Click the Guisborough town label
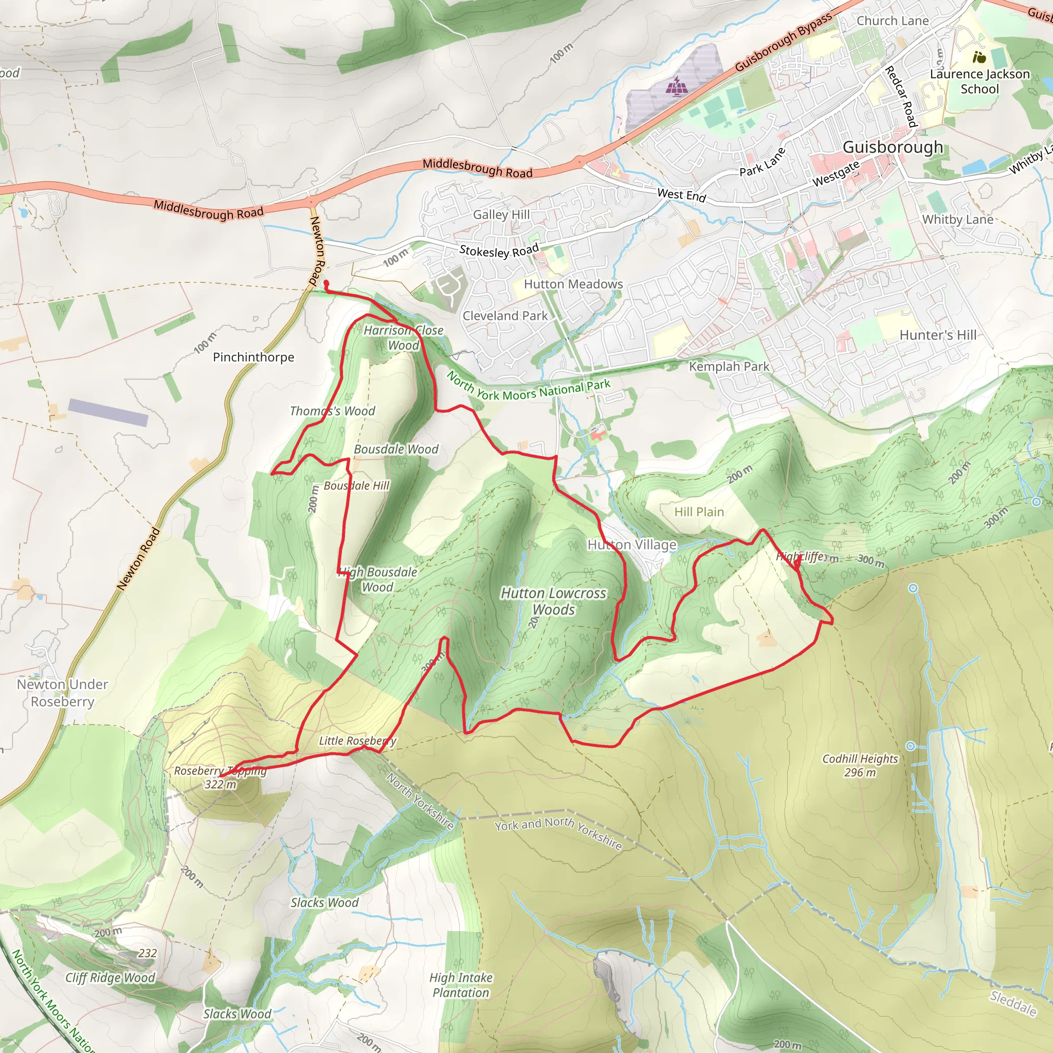point(892,147)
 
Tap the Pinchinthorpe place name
point(253,357)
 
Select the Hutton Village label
point(632,544)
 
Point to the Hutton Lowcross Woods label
point(553,601)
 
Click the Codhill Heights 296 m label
point(860,765)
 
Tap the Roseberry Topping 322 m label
point(220,777)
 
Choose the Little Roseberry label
point(357,741)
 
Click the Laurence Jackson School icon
point(979,57)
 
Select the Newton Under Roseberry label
point(62,693)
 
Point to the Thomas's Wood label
point(333,411)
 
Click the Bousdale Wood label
point(396,449)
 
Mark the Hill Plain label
point(699,512)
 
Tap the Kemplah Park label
point(729,366)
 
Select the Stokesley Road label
point(499,250)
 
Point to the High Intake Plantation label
point(461,985)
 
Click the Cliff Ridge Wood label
point(110,977)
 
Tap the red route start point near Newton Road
point(326,283)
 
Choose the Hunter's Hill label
point(937,335)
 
